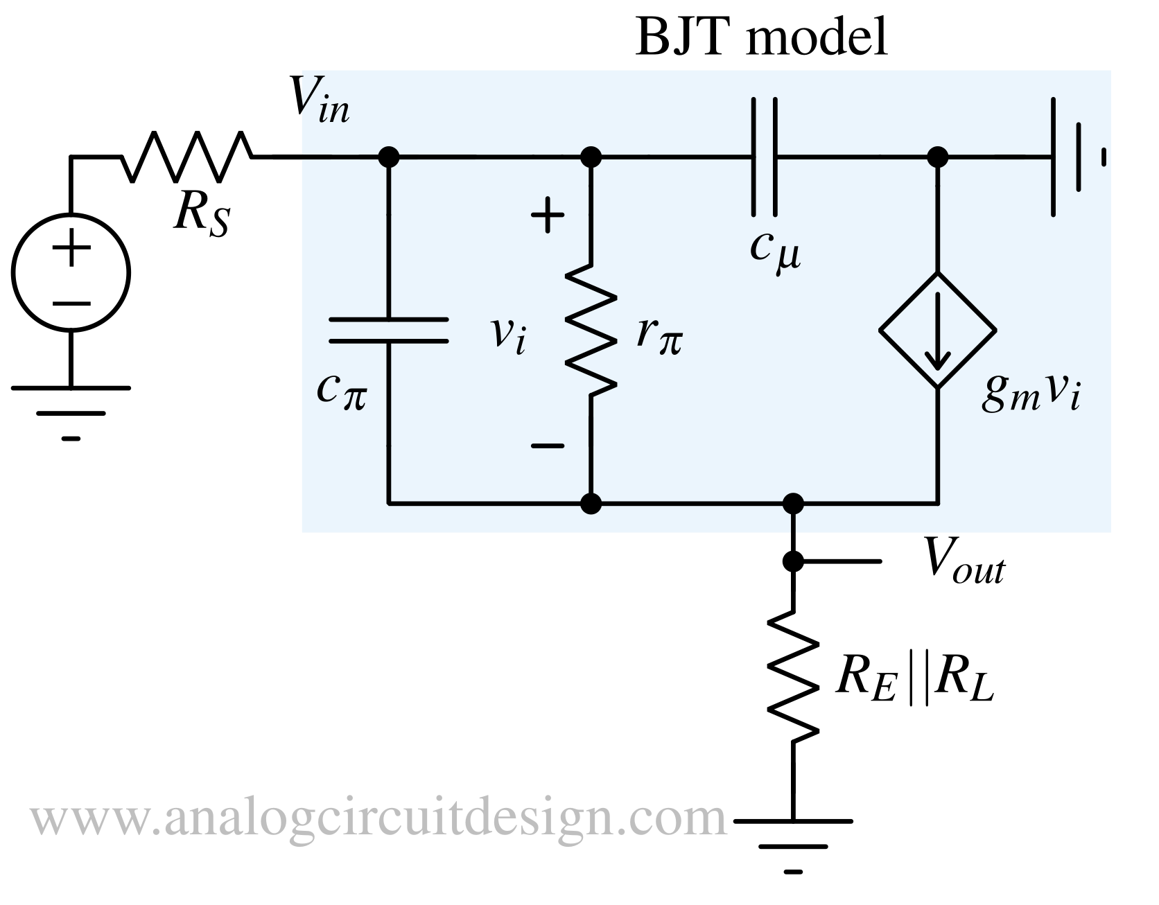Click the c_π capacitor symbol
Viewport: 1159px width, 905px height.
388,331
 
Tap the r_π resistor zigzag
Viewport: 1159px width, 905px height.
591,330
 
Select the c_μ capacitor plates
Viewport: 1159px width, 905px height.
763,157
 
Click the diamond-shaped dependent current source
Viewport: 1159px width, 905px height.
938,330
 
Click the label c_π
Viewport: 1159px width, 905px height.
342,390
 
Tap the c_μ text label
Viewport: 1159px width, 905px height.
775,251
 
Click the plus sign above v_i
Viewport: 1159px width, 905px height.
548,215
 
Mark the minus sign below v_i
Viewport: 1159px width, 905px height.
548,446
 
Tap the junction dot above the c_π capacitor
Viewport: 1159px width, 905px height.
388,157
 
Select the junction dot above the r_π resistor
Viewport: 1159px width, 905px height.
591,157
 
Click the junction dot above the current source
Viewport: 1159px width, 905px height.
938,157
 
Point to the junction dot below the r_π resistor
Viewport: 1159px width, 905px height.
591,503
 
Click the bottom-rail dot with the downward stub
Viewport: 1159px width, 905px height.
792,503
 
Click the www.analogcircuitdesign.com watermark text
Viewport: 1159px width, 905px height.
378,818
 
